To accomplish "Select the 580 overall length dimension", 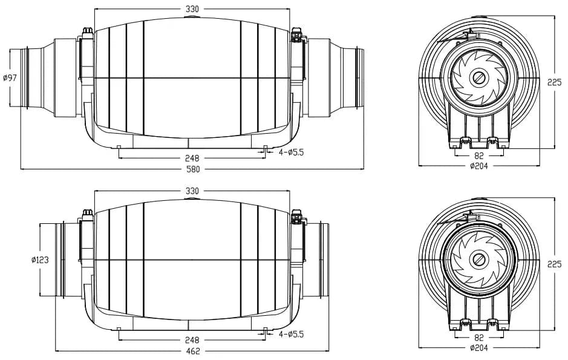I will (192, 169).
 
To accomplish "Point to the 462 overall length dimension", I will (192, 351).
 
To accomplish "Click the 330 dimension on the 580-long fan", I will (192, 9).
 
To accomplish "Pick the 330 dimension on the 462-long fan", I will (192, 191).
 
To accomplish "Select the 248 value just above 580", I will (192, 158).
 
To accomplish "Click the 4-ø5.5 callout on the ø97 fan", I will (291, 152).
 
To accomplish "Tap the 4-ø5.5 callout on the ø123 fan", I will (291, 333).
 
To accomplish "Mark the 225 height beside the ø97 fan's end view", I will (555, 83).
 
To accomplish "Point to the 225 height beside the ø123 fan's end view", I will (555, 264).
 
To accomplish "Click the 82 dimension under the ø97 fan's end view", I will (478, 155).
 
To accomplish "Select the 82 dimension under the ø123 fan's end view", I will (478, 338).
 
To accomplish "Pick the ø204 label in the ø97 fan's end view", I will (478, 166).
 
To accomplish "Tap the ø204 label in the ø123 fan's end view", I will (478, 347).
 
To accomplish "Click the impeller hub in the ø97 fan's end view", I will (479, 79).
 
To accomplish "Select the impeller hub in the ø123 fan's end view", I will (479, 260).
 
